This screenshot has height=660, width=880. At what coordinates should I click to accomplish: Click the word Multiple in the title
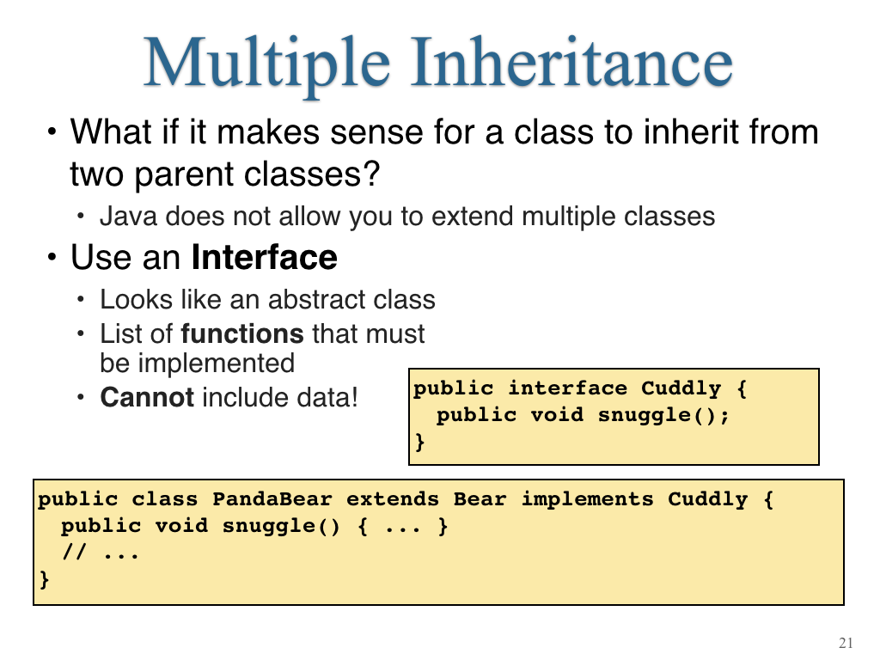point(267,64)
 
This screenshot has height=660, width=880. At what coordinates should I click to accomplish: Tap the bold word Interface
point(265,257)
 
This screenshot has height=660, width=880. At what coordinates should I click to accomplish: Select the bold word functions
point(241,333)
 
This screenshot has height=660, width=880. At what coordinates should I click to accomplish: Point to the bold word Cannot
point(147,397)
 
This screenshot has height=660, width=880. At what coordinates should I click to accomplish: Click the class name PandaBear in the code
point(272,499)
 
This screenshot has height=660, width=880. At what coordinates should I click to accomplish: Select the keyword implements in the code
point(588,499)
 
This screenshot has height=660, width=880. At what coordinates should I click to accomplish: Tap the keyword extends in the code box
point(392,499)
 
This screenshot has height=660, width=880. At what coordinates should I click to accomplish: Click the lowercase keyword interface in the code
point(567,388)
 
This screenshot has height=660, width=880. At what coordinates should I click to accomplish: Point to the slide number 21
point(846,643)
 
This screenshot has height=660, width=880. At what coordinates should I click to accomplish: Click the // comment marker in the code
point(74,553)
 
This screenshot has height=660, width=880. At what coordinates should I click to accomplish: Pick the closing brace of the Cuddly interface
point(419,442)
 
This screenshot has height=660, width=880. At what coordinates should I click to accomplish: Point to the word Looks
point(136,299)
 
